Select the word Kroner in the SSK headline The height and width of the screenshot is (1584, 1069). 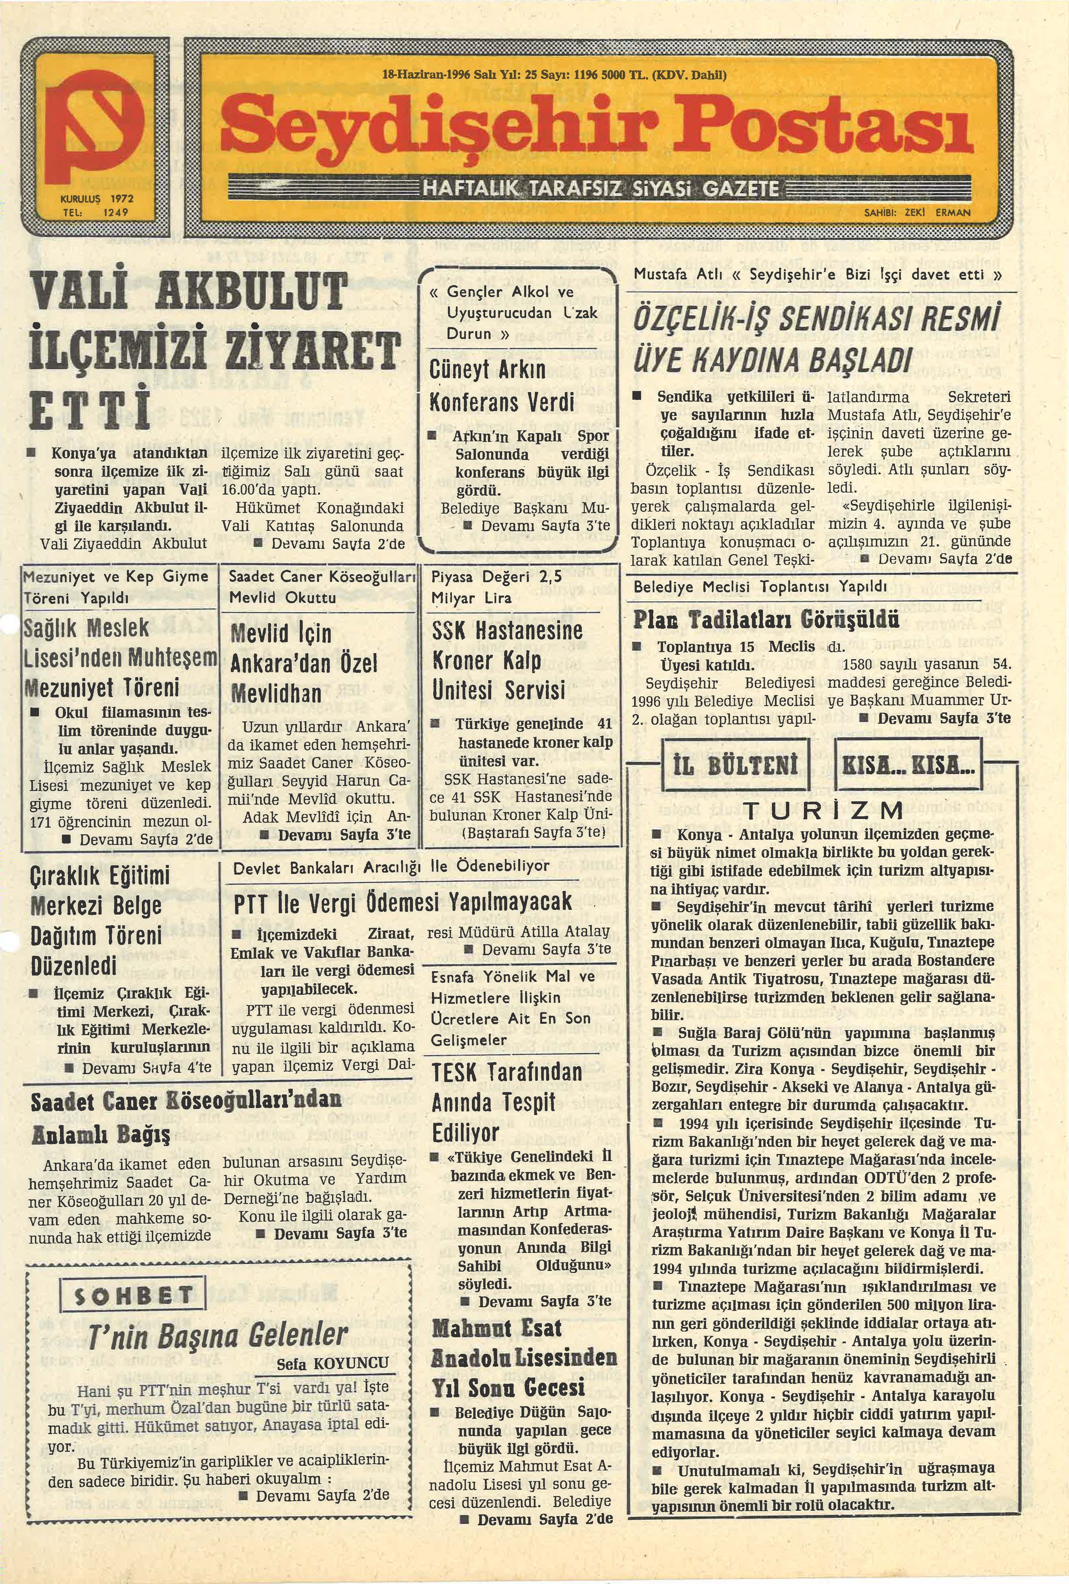pos(457,660)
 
